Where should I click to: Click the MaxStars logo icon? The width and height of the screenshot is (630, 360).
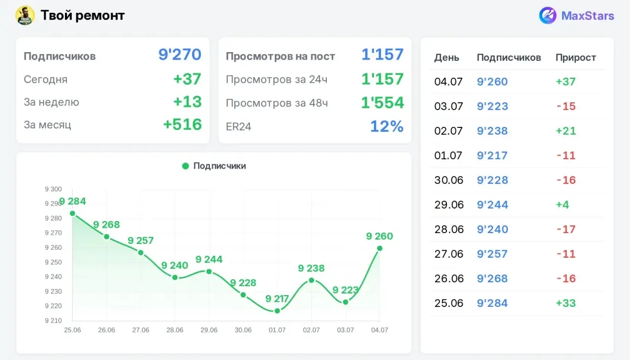tap(547, 15)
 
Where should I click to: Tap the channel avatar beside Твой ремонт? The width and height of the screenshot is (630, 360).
tap(25, 15)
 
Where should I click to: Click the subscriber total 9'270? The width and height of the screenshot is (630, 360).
tap(180, 54)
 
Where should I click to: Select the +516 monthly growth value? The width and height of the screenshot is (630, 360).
tap(183, 124)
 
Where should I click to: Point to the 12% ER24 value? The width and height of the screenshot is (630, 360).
tap(387, 126)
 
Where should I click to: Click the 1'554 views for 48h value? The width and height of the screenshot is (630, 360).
tap(382, 103)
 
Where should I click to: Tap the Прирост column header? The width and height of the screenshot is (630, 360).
tap(576, 58)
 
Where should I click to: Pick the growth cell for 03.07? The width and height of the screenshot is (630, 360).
tap(566, 106)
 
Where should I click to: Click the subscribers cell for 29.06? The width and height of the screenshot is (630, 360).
tap(493, 205)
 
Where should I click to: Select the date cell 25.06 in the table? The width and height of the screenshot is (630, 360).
tap(448, 303)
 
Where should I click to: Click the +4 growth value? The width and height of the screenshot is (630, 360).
tap(563, 205)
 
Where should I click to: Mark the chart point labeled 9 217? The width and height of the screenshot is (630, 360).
tap(277, 311)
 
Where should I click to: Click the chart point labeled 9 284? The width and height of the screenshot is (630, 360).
tap(72, 213)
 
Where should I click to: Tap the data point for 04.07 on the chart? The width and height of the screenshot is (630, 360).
tap(379, 248)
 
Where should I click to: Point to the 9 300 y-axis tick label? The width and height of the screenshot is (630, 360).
tap(53, 189)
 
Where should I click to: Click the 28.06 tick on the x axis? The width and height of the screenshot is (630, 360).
tap(175, 330)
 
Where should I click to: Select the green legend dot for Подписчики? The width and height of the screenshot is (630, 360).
tap(186, 166)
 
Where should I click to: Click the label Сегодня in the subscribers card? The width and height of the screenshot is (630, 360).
tap(46, 80)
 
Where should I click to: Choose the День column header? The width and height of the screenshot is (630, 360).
tap(446, 58)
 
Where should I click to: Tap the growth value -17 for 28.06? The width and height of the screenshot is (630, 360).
tap(566, 229)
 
